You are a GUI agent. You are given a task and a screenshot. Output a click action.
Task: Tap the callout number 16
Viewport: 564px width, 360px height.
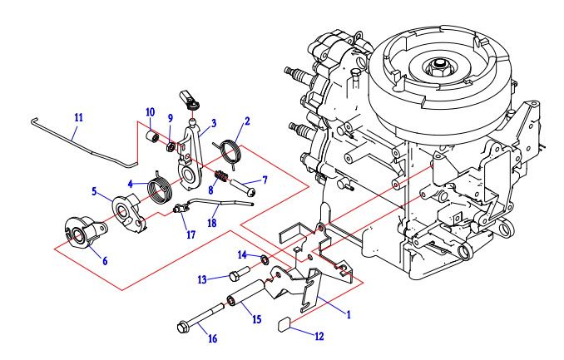pos(212,338)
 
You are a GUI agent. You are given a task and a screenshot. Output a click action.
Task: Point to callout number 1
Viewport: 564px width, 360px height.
pos(349,314)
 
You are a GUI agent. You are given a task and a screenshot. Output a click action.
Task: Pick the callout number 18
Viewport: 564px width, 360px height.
pos(212,222)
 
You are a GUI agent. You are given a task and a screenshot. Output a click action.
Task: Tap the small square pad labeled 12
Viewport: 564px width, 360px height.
pos(285,323)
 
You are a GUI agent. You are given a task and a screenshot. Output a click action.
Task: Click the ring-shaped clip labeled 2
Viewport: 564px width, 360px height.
pos(230,150)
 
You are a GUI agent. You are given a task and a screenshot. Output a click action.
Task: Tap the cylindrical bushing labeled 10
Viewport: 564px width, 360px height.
pos(153,135)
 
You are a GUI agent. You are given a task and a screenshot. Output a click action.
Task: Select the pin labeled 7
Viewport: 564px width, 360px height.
pos(242,190)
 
